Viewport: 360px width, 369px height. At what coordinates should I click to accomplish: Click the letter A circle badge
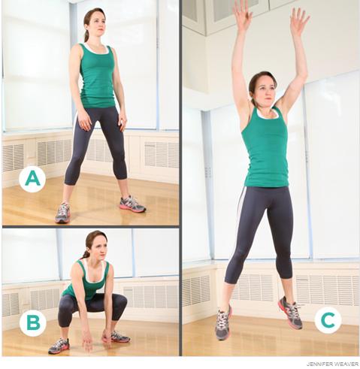click(32, 179)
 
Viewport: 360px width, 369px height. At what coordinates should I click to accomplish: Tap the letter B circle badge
click(33, 322)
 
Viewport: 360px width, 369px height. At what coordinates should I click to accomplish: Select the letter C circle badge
click(328, 320)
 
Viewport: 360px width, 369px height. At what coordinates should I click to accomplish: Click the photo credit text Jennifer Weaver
click(332, 364)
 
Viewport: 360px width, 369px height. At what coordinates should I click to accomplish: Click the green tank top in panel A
click(96, 75)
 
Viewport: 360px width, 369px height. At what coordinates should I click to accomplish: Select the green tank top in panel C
click(265, 148)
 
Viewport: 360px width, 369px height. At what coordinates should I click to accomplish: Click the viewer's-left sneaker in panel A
click(62, 213)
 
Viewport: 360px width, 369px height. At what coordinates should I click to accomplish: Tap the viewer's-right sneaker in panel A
click(132, 204)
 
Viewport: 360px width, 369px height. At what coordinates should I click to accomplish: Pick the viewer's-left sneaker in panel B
click(59, 346)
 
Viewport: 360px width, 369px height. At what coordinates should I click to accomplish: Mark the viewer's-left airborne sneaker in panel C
click(223, 322)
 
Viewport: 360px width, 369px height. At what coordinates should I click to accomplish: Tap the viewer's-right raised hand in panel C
click(299, 20)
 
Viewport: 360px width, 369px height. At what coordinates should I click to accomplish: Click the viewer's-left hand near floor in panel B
click(88, 343)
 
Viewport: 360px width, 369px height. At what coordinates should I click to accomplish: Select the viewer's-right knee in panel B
click(120, 302)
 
